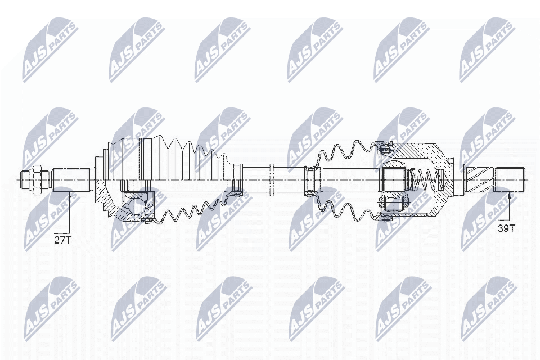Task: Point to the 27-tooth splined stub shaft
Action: [x=72, y=179]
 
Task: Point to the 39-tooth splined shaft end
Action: [x=509, y=179]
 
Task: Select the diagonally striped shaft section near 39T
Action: [x=479, y=179]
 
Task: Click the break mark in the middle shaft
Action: [x=271, y=179]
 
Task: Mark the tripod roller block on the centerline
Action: [x=395, y=179]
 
